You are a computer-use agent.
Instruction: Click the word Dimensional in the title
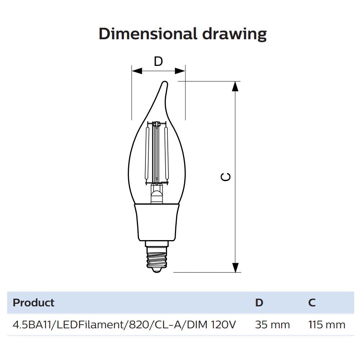[148, 34]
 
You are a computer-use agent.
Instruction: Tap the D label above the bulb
[158, 62]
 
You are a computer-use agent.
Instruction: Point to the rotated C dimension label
[226, 176]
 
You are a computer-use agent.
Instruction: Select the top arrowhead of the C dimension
[235, 86]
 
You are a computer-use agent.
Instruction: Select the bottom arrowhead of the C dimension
[235, 267]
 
